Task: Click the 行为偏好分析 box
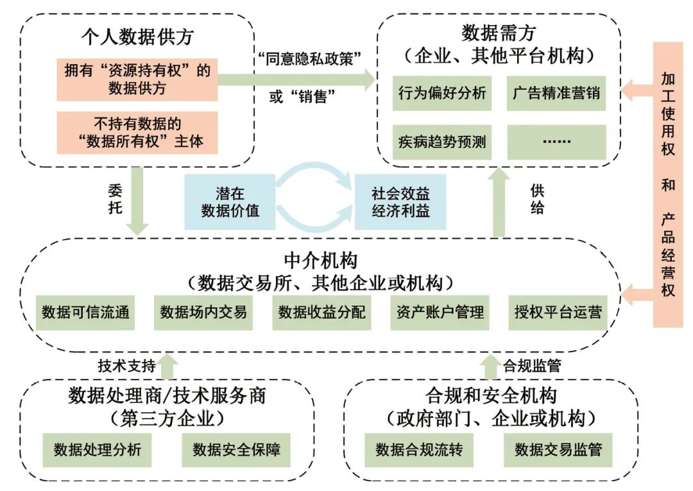[x=441, y=94]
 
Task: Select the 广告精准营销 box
[x=556, y=94]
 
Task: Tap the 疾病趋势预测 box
[x=441, y=142]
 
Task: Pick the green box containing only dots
[x=556, y=142]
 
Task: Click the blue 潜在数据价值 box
[x=230, y=201]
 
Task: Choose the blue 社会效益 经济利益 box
[x=400, y=201]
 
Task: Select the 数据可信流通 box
[x=85, y=312]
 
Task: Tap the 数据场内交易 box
[x=203, y=312]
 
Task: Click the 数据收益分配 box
[x=321, y=312]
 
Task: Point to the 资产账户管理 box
[x=440, y=312]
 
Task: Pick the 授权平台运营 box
[x=558, y=312]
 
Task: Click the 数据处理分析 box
[x=98, y=449]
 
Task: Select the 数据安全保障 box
[x=236, y=449]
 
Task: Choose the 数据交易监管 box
[x=558, y=449]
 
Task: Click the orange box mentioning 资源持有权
[x=137, y=79]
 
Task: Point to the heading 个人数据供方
[x=137, y=36]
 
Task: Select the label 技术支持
[x=126, y=366]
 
